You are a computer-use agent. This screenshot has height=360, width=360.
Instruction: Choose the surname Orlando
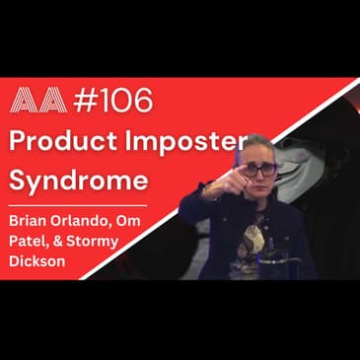point(102,217)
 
